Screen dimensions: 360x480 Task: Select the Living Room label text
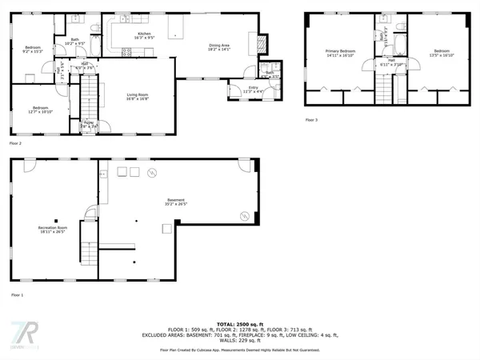[x=138, y=97]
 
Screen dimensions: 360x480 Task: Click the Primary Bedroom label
[x=342, y=53]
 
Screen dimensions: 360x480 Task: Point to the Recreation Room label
[x=53, y=230]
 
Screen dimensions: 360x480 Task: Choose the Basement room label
[x=175, y=202]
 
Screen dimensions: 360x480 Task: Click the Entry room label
[x=242, y=90]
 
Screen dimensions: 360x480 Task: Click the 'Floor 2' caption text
[x=15, y=143]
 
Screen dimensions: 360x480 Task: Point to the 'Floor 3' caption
[x=311, y=120]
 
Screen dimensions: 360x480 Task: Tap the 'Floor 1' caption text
[x=17, y=295]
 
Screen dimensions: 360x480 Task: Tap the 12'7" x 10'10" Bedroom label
[x=40, y=110]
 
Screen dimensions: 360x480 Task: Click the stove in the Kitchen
[x=126, y=52]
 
